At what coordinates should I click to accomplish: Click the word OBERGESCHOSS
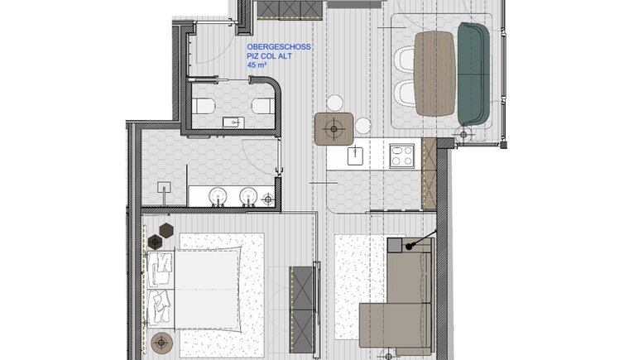click(x=279, y=47)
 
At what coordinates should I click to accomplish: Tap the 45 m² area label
click(x=257, y=65)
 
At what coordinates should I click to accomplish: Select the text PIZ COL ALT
click(x=270, y=56)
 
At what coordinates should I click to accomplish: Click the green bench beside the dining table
click(x=473, y=74)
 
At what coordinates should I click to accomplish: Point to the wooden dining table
click(x=434, y=74)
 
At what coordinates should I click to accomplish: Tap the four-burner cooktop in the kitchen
click(x=402, y=156)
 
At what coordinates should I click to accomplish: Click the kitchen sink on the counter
click(x=355, y=156)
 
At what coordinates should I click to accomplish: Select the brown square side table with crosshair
click(x=334, y=128)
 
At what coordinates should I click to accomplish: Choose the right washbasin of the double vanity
click(x=249, y=196)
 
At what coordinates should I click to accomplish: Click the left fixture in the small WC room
click(x=204, y=106)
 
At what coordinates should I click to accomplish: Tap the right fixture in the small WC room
click(x=262, y=106)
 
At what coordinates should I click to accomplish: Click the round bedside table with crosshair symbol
click(x=161, y=343)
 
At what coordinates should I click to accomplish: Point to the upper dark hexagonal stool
click(x=166, y=230)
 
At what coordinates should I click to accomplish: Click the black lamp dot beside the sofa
click(x=409, y=247)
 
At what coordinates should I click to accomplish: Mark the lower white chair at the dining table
click(x=406, y=94)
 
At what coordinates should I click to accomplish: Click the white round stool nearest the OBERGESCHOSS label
click(x=334, y=103)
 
